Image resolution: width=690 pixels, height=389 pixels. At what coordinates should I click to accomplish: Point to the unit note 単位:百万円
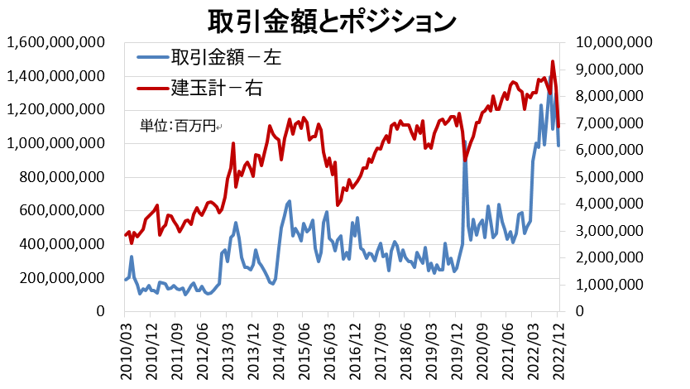[x=176, y=126]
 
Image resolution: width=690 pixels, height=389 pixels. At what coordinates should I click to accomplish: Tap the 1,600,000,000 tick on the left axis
[x=56, y=42]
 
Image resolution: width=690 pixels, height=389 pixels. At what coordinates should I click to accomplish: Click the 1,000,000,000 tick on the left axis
[x=56, y=143]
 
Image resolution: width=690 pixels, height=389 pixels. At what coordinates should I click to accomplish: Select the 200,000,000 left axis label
[x=62, y=278]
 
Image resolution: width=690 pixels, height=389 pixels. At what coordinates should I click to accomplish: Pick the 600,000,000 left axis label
[x=62, y=210]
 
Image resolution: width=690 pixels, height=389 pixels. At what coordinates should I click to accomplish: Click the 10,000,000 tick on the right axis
[x=611, y=42]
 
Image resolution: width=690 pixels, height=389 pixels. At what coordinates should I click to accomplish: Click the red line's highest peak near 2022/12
[x=553, y=61]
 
